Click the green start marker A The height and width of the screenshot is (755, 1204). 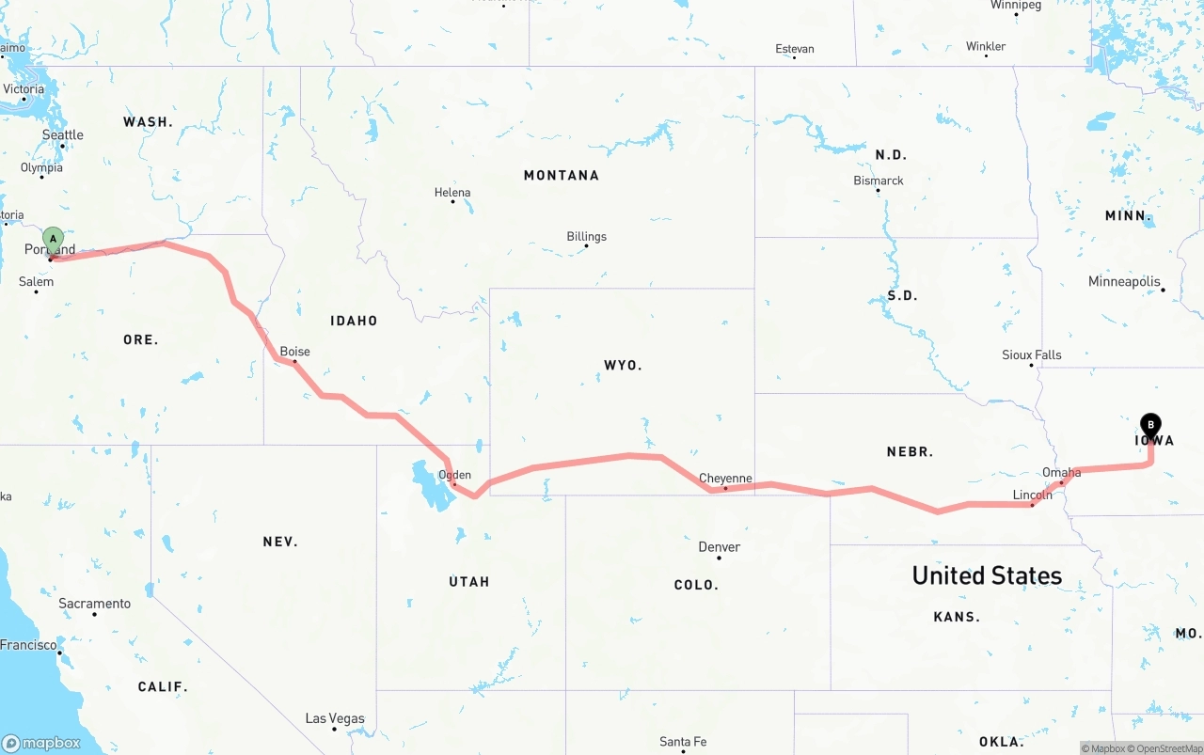point(54,240)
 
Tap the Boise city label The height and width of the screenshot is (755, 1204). point(295,352)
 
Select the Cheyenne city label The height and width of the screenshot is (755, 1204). point(725,479)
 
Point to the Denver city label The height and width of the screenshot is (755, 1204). point(720,547)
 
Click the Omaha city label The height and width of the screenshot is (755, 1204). point(1062,473)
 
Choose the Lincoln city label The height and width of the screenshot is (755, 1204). point(1033,495)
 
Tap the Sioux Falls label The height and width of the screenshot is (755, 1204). point(1032,355)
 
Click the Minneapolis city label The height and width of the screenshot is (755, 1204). point(1124,282)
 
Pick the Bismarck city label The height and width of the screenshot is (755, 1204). point(879,181)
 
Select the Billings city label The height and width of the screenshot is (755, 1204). point(587,237)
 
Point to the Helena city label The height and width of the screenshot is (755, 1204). point(452,193)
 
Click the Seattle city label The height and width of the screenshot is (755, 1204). point(63,135)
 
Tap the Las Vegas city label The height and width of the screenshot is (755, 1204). point(335,719)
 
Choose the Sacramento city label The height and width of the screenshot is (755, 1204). point(95,604)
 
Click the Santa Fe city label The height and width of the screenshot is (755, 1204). point(683,742)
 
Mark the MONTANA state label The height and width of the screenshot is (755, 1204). point(562,176)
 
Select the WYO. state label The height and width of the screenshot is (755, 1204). point(623,365)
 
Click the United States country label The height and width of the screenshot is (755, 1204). point(987,575)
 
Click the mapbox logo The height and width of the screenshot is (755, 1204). point(41,743)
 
